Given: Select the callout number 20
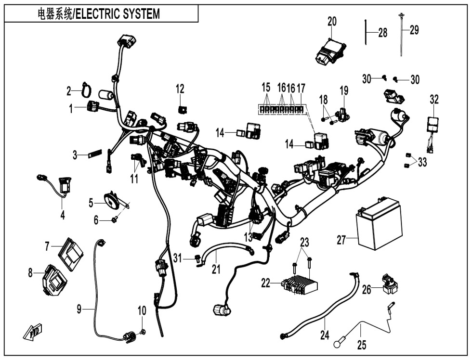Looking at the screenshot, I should [x=332, y=22].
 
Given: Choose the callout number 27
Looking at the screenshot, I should [x=341, y=240].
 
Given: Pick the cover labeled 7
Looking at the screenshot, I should [x=70, y=252].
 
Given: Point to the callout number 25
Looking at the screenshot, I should [x=361, y=345].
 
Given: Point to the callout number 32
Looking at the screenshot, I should [x=434, y=100].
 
